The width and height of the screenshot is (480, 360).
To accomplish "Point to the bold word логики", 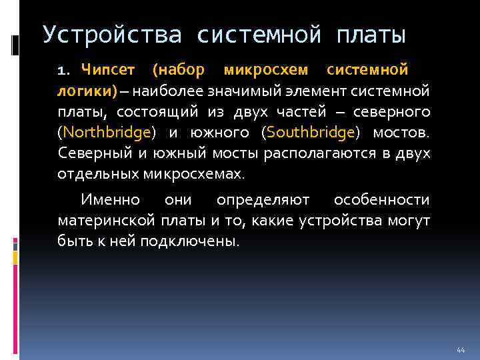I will (85, 91).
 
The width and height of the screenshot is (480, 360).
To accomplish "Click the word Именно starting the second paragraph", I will (110, 199).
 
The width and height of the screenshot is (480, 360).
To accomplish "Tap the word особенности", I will (381, 199).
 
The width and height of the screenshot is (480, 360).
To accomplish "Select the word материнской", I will (107, 220).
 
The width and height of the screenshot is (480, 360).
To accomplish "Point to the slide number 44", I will (460, 350).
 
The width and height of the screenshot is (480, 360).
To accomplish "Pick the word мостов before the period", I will (405, 133).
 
